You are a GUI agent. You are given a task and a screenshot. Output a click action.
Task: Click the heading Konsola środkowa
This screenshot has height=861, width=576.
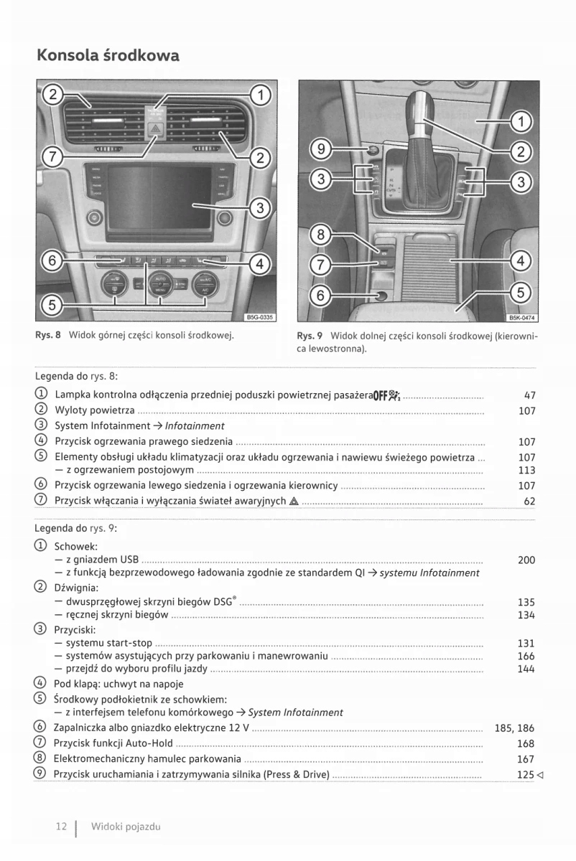point(108,55)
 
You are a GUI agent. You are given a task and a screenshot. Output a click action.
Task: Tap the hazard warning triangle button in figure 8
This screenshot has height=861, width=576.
point(155,129)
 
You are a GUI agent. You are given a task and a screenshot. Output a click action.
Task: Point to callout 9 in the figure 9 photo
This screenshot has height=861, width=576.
point(322,149)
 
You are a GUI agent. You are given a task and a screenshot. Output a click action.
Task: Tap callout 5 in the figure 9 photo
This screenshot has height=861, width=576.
point(521,292)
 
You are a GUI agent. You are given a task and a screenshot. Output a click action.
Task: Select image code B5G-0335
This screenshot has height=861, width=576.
point(259,316)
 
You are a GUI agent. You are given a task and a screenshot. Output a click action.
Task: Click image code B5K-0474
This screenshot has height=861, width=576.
point(523,319)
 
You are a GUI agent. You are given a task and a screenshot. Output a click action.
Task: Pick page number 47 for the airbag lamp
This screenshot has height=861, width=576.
point(529,395)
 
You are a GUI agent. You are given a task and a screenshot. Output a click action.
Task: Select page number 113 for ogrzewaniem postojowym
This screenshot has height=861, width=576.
point(526,471)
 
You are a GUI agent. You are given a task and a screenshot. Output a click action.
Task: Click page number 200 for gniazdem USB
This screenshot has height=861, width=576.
point(526,560)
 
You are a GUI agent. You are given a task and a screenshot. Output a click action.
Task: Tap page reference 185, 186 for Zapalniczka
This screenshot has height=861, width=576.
point(514,728)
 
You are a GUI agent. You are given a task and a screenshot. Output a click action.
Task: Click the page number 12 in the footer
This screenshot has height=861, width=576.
point(61,827)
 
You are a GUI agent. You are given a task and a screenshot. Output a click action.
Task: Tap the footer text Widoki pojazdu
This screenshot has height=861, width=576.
point(126,827)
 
